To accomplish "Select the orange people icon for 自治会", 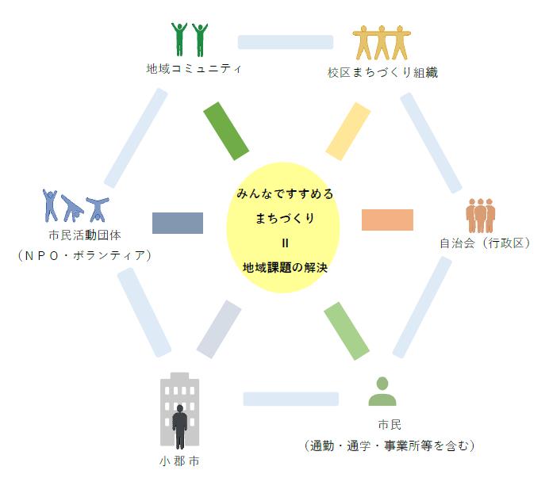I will point(481,216).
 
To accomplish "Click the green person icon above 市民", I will point(382,391).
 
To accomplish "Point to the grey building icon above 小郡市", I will point(179,411).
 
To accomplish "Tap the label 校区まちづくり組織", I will point(383,72).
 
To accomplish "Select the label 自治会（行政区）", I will point(485,243).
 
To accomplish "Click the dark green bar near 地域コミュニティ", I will point(227,132).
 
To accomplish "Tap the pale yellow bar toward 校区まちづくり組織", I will point(347,132).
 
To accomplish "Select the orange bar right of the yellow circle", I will point(387,220).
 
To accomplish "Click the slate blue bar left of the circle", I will point(178,223).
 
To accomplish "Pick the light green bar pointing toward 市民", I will point(347,331).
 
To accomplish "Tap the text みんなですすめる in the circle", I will point(285,193).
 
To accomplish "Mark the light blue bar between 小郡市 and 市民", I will point(291,399).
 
